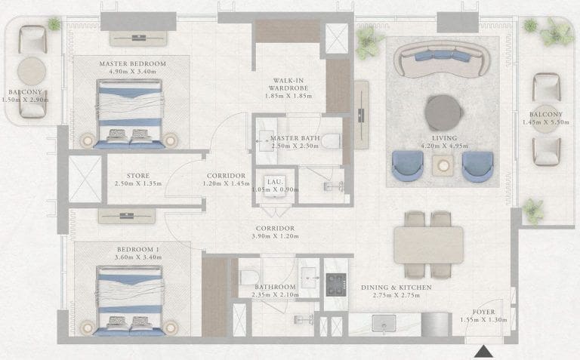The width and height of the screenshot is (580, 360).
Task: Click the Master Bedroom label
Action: pos(132,63)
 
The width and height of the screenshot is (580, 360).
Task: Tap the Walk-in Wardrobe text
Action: pos(288,85)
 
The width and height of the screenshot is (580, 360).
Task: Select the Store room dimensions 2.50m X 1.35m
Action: pos(138,183)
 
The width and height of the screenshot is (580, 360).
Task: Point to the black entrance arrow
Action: pos(483,352)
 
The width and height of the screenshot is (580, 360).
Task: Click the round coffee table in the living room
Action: pos(444,112)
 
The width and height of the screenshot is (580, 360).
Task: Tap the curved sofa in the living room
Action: pos(442,59)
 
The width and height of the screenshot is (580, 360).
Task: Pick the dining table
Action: pos(428,245)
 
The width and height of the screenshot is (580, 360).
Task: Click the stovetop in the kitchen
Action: pos(336,285)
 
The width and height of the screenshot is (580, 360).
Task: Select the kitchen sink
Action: pos(384,324)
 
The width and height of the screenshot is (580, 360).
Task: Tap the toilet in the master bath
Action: pos(330,141)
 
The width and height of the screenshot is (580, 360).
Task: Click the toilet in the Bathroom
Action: pos(249,277)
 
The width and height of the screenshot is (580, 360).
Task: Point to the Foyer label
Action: pos(483,312)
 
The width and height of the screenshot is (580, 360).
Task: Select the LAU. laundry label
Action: pos(275,182)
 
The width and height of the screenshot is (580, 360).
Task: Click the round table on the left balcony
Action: pos(32,71)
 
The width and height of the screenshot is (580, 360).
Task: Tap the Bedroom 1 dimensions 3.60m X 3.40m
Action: pos(138,257)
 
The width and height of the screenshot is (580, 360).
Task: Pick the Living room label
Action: pos(444,138)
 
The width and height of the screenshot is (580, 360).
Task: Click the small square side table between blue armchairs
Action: pos(443,165)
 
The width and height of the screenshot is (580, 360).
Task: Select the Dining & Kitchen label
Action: pos(396,288)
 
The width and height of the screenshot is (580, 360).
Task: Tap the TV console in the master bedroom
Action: pos(138,38)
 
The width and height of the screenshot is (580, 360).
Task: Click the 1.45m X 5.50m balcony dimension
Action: pos(545,122)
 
